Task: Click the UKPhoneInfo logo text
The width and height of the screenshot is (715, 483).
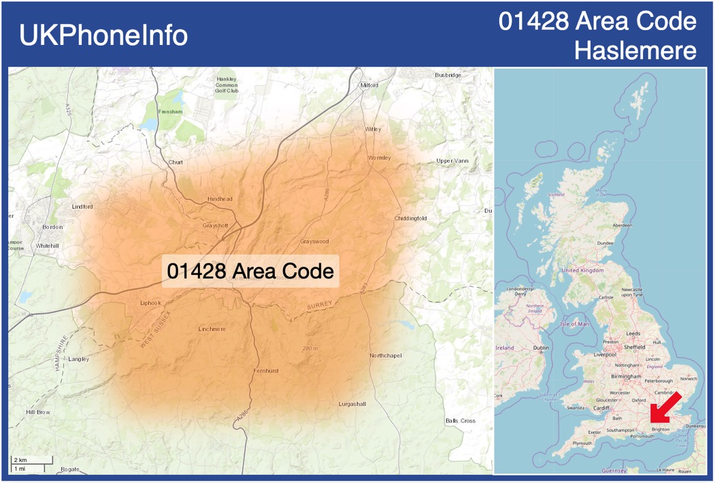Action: point(103,35)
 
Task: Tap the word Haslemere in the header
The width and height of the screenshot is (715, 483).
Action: point(635,50)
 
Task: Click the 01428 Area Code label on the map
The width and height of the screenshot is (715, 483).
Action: point(250,271)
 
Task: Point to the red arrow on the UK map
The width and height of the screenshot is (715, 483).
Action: point(665,407)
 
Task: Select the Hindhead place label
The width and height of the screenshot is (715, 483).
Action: point(220,199)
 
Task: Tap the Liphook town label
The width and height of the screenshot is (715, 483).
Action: point(150,303)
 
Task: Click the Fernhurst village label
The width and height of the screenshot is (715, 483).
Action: point(266,370)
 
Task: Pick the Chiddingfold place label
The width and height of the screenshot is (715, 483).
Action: point(410,218)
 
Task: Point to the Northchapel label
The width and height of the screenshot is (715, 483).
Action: point(386,356)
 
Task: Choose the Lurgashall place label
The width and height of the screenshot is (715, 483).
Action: point(352,404)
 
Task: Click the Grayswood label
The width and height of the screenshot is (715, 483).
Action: point(314,241)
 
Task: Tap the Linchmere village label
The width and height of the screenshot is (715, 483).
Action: point(212,329)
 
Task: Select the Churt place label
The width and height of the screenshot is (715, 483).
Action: point(176,163)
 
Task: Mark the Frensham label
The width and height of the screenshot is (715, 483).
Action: point(170,112)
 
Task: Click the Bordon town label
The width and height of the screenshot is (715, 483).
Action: point(52,227)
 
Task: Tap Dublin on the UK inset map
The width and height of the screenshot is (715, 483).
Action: point(541,348)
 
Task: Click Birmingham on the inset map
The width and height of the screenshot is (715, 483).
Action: point(626,376)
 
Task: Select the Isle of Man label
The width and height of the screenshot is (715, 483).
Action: point(575,324)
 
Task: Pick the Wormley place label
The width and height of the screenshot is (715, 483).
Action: point(380,158)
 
